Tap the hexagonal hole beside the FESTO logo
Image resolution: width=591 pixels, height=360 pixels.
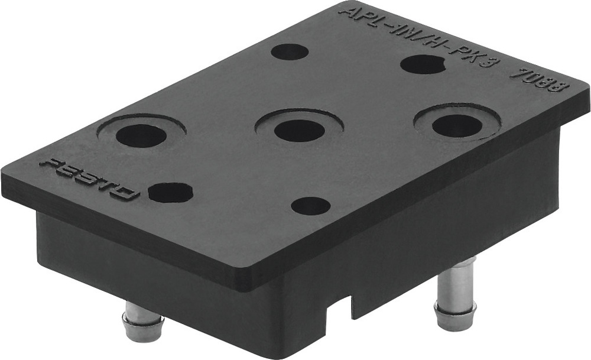click(x=170, y=192)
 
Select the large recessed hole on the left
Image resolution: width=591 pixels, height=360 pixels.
click(x=141, y=135)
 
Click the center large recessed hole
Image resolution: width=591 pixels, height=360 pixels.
click(x=299, y=130)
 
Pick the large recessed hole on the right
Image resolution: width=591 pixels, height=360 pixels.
click(x=457, y=125)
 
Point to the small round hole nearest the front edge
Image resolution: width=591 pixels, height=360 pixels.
click(x=311, y=206)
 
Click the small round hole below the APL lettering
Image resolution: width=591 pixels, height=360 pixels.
click(x=290, y=51)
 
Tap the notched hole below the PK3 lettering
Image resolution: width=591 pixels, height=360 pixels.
click(x=423, y=64)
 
